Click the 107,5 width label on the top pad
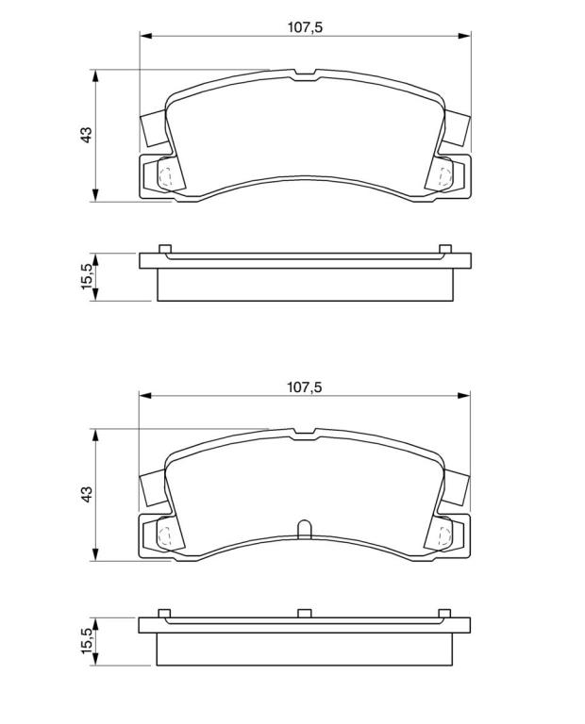(x=305, y=27)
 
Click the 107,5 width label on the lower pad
(x=304, y=387)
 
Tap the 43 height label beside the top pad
(x=87, y=135)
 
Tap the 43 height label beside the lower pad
(x=87, y=494)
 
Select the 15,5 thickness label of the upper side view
(x=88, y=276)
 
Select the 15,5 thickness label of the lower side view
(x=88, y=640)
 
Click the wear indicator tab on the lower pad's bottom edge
(x=304, y=529)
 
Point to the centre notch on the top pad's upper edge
(x=305, y=75)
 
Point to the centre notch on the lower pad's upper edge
(x=304, y=435)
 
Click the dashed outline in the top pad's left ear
(x=165, y=177)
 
